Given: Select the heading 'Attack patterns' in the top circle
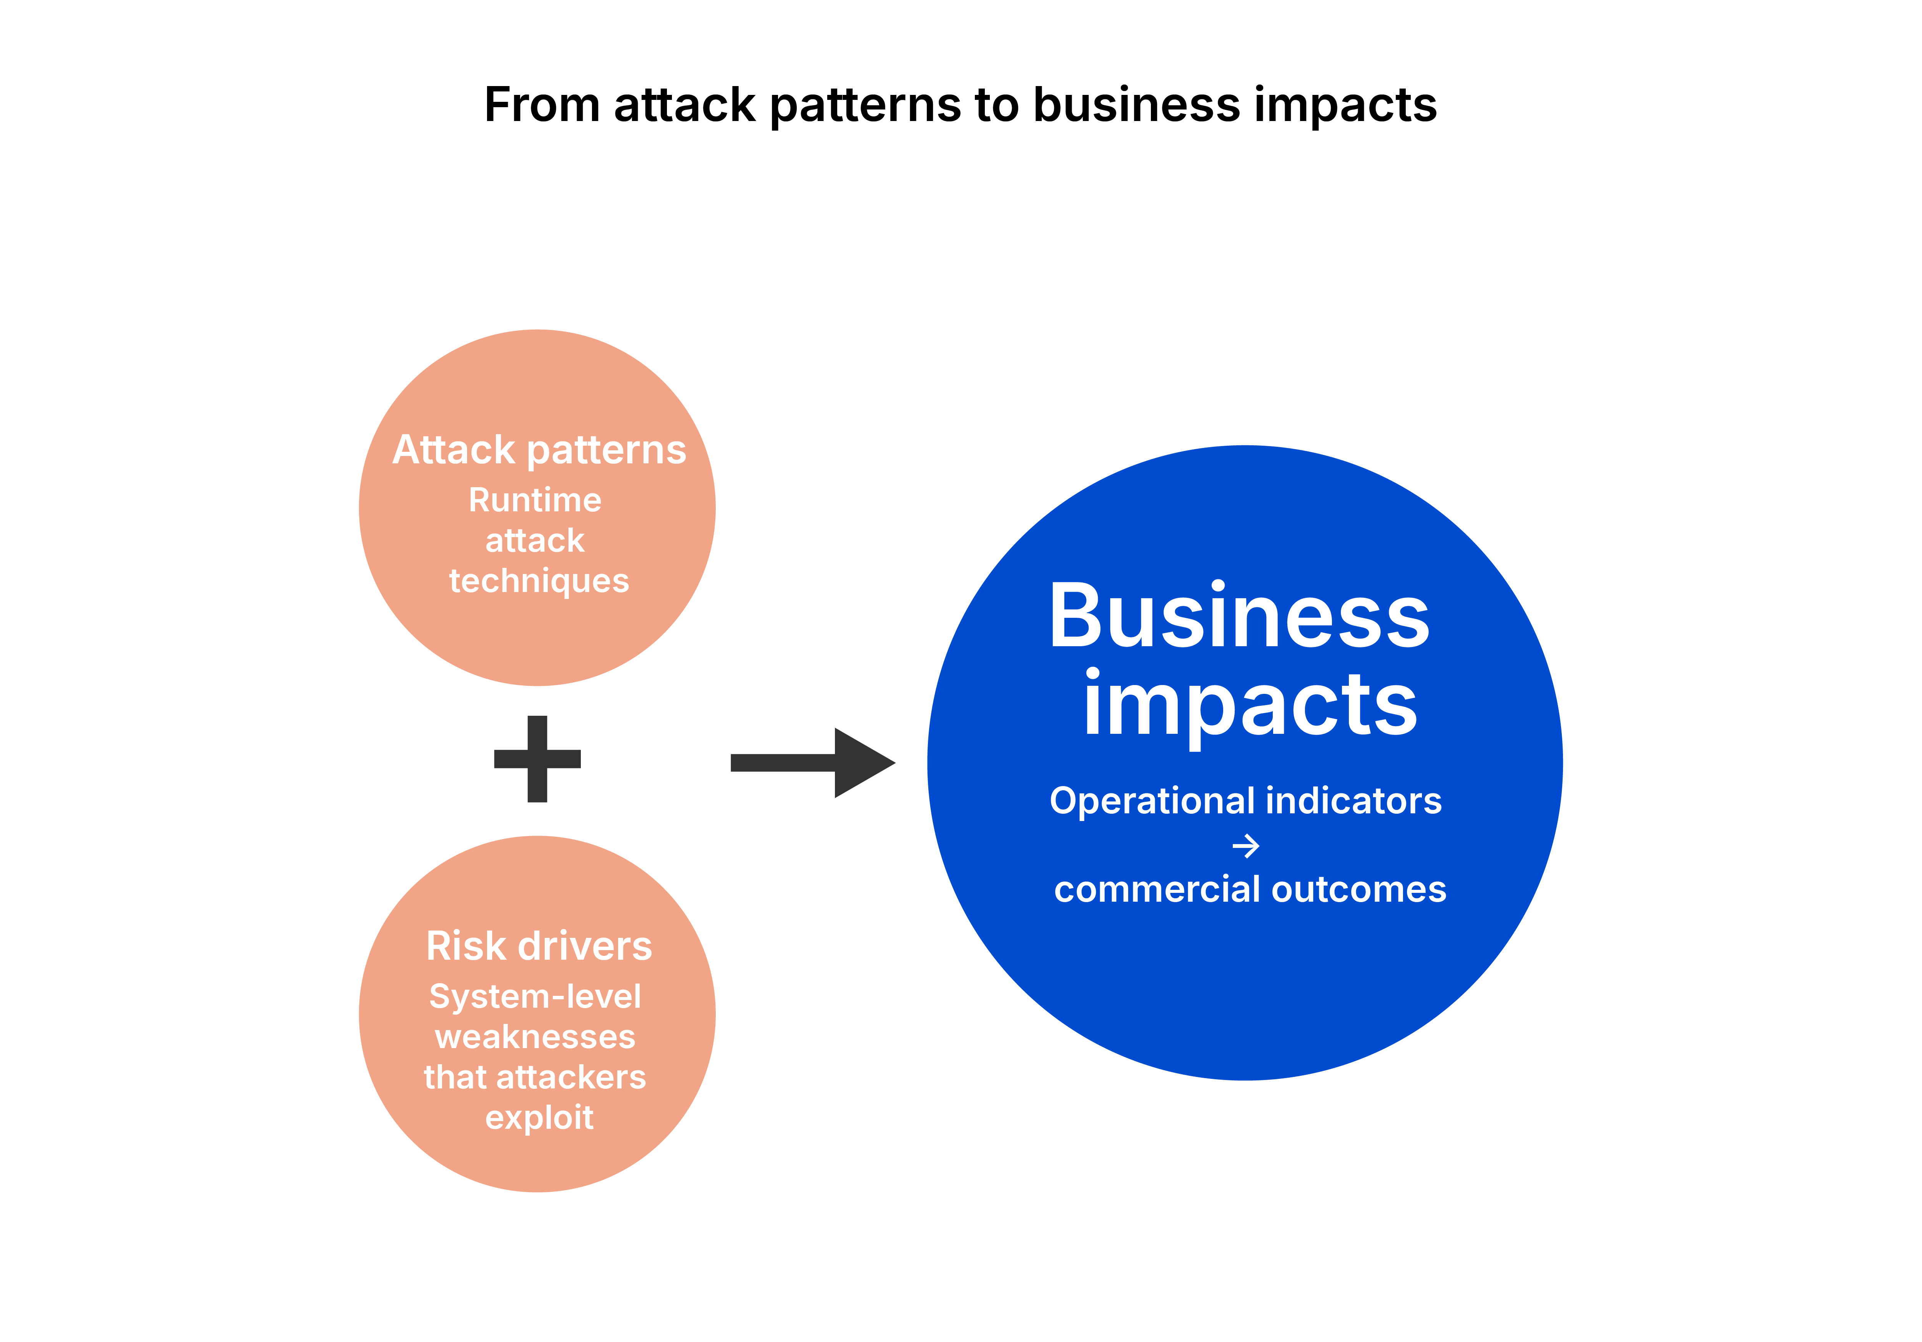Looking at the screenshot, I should coord(539,450).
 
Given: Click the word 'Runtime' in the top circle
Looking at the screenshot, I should coord(535,500).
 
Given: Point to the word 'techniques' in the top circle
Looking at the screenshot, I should coord(539,581).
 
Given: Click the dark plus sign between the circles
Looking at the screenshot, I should coord(537,759).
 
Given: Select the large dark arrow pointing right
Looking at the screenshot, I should coord(812,762).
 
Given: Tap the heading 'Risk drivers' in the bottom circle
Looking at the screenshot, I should coord(539,946).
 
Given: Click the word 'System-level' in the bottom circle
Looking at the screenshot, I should coord(535,997).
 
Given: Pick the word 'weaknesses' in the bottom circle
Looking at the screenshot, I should coord(535,1037).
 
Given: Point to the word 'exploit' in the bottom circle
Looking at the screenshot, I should coord(539,1118).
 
